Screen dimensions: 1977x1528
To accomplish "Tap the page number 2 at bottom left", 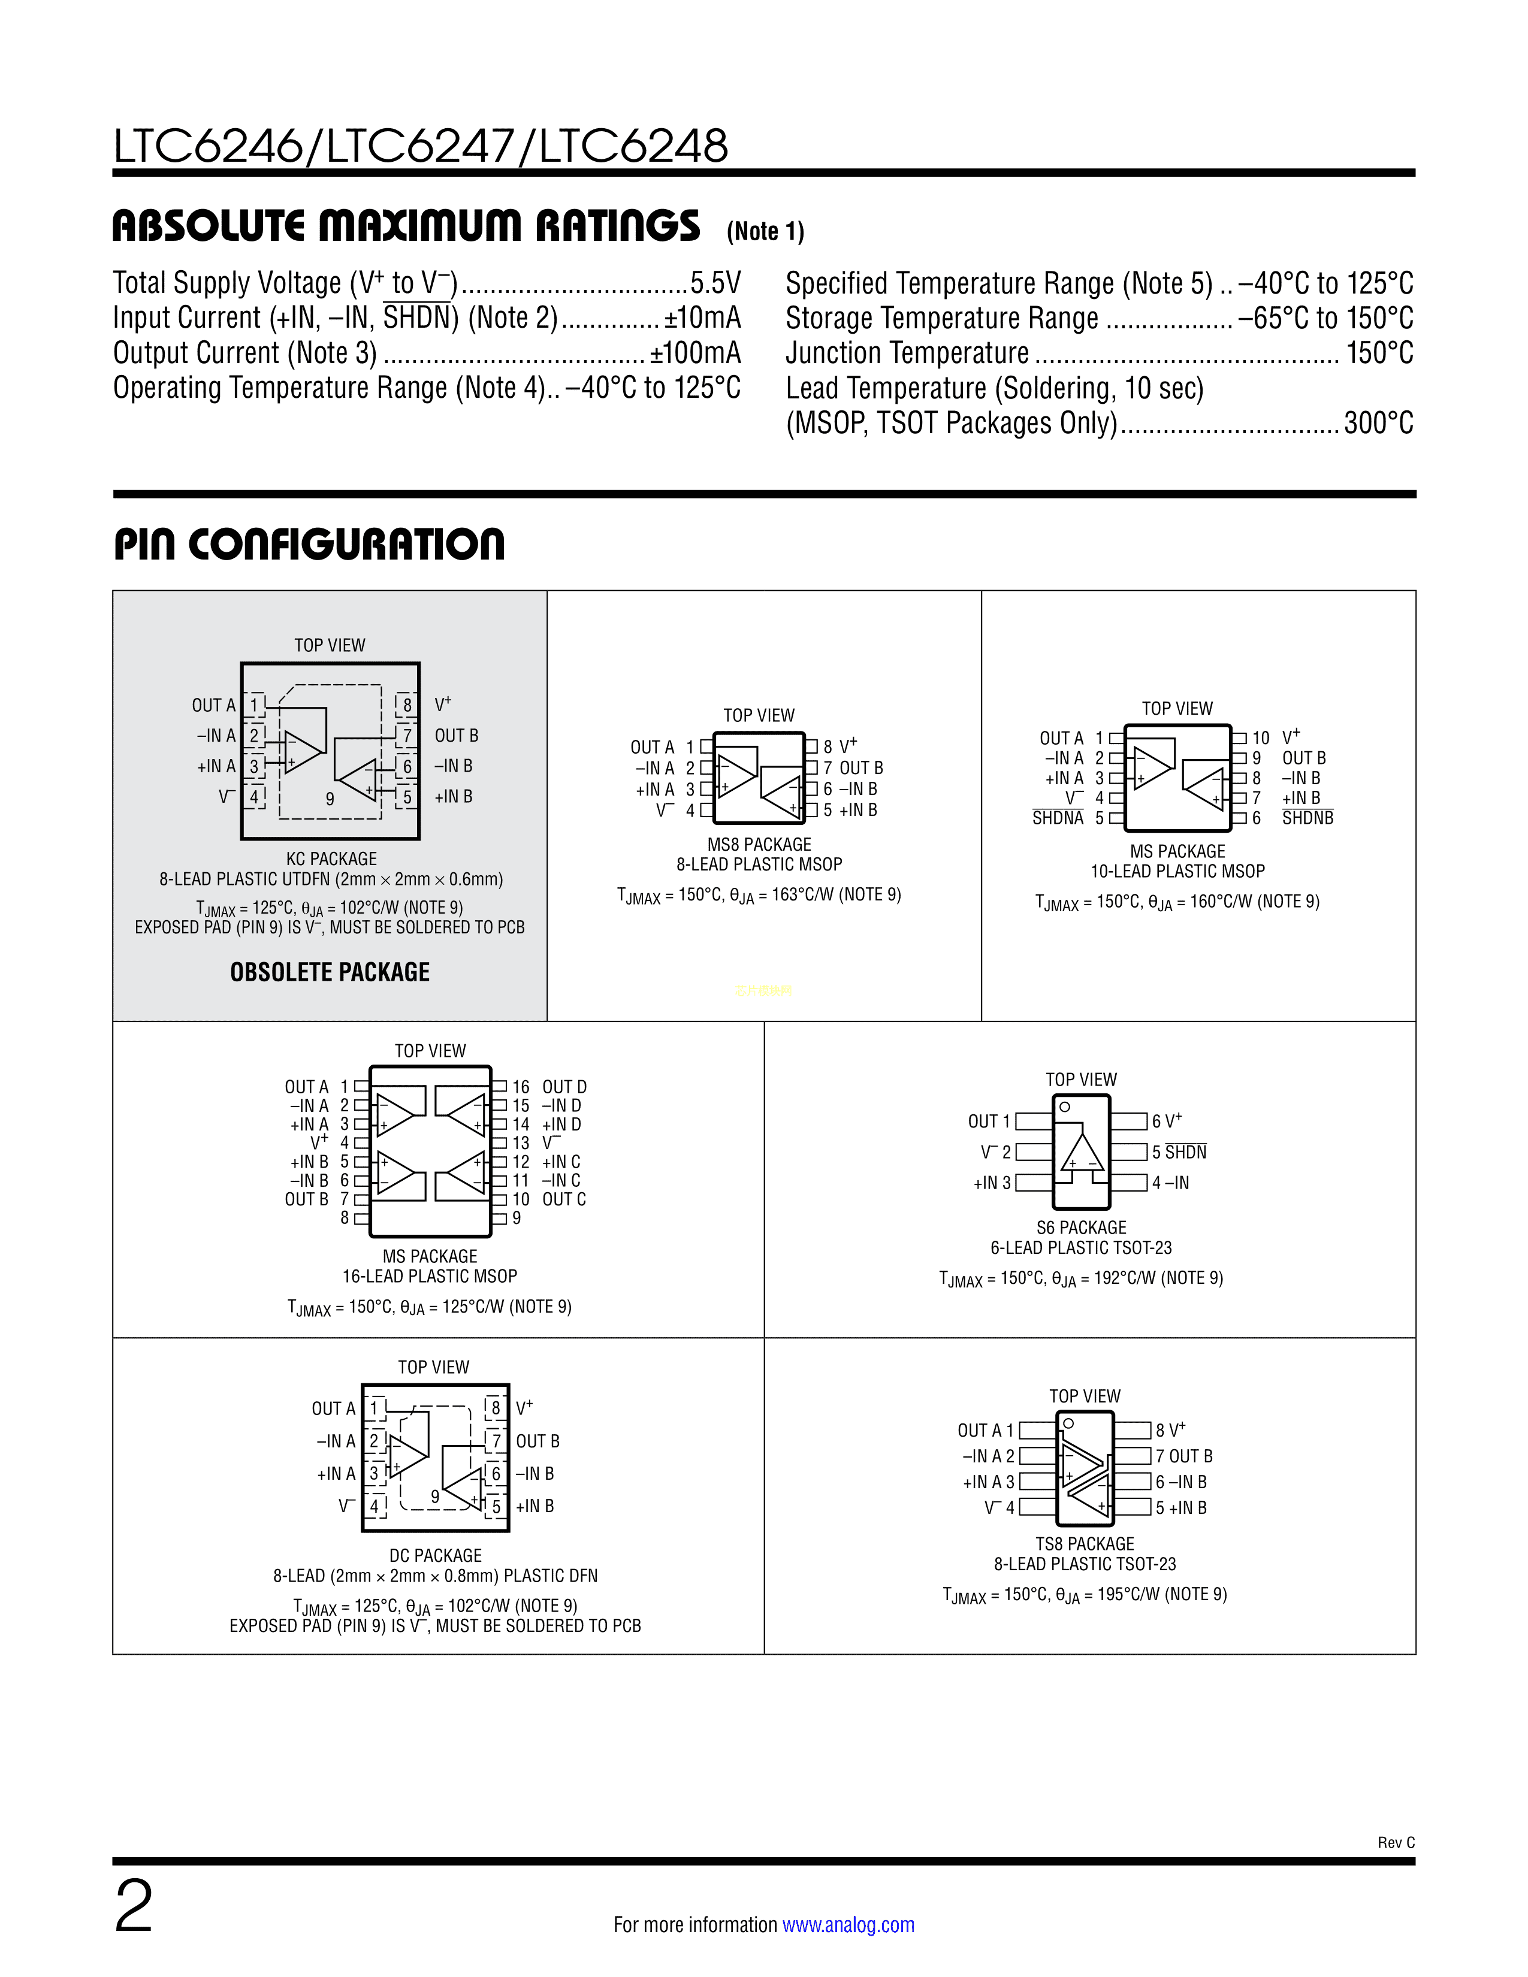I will (x=134, y=1906).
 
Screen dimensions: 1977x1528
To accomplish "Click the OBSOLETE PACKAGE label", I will (x=330, y=972).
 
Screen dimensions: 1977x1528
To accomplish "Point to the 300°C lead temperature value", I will (x=1378, y=423).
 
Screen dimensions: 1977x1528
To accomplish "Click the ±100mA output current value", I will (x=695, y=353).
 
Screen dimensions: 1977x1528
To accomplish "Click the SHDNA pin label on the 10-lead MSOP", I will (x=1057, y=818).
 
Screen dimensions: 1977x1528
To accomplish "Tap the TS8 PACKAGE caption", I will (x=1085, y=1543).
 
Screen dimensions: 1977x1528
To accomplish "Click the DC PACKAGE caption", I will (x=436, y=1555).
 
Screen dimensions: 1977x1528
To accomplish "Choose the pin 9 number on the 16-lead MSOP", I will (x=517, y=1219).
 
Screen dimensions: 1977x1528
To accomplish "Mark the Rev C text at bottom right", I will (x=1396, y=1843).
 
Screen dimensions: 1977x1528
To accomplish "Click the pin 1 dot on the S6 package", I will (x=1065, y=1107).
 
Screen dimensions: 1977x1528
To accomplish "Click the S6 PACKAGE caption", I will (x=1081, y=1228).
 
